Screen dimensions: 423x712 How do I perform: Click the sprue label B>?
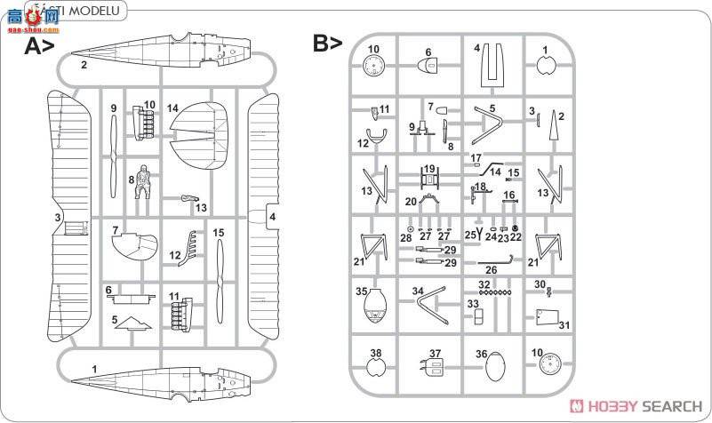tap(326, 44)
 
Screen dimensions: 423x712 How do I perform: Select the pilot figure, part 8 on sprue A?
tap(140, 183)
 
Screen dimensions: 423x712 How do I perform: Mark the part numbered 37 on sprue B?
tap(434, 366)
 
